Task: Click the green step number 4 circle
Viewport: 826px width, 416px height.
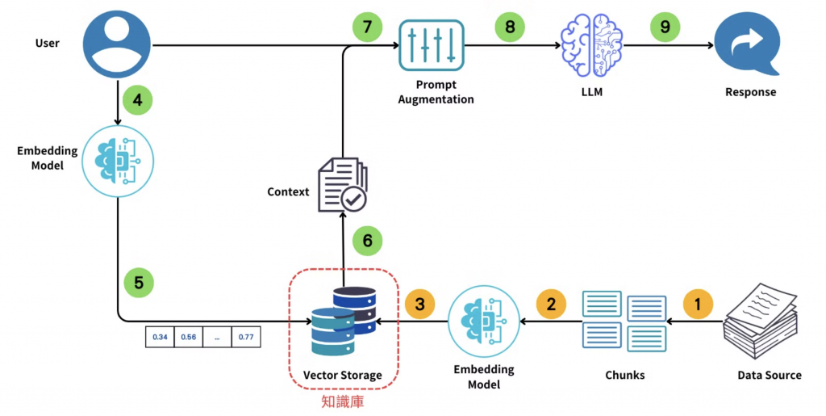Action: pyautogui.click(x=137, y=101)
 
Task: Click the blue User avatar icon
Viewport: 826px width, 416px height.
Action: pyautogui.click(x=119, y=45)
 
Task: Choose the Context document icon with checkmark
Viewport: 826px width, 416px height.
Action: pyautogui.click(x=343, y=184)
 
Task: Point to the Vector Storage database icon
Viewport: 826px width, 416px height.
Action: pyautogui.click(x=344, y=320)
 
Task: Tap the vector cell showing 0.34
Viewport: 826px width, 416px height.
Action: pyautogui.click(x=160, y=337)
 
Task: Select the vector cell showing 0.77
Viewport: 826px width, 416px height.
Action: pyautogui.click(x=247, y=337)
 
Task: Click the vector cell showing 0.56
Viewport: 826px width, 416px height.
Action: pyautogui.click(x=189, y=337)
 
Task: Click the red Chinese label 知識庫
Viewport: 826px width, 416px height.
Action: pyautogui.click(x=343, y=401)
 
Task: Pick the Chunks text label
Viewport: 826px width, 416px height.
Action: pyautogui.click(x=625, y=376)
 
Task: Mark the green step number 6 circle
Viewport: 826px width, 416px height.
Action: pyautogui.click(x=367, y=241)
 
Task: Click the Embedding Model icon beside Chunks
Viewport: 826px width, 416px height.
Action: pyautogui.click(x=483, y=321)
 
